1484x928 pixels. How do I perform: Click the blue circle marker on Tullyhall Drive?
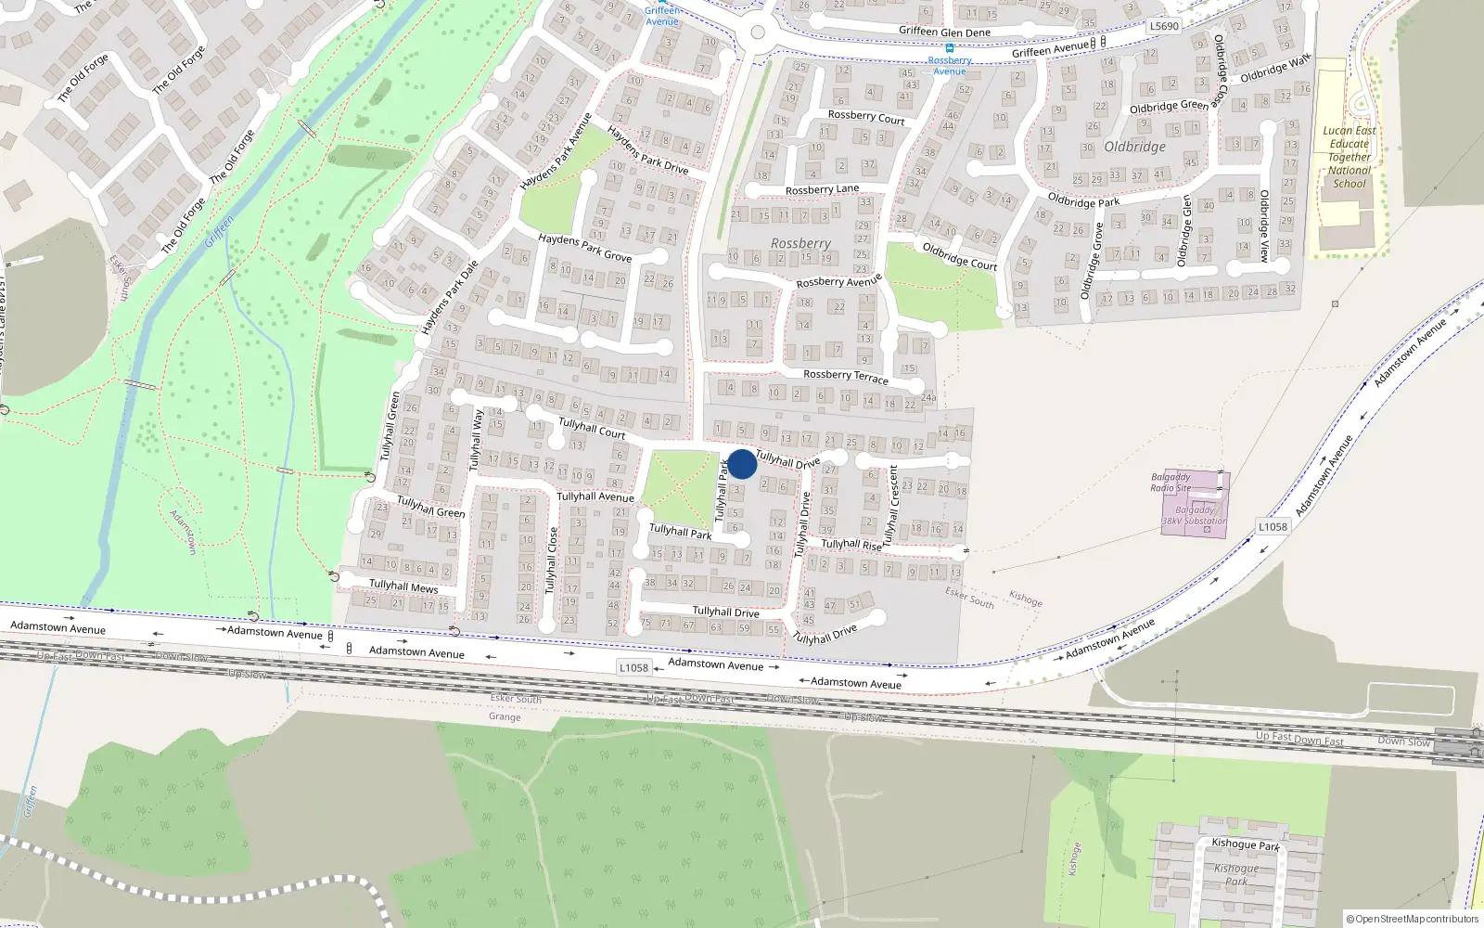[742, 464]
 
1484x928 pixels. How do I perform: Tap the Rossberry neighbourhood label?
[800, 243]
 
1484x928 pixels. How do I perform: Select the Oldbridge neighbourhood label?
[1134, 147]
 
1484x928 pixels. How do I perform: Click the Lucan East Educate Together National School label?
[1350, 157]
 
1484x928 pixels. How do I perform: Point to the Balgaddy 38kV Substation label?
[1195, 516]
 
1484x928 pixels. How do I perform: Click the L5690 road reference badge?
[1164, 26]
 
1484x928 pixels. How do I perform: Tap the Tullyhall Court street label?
[592, 428]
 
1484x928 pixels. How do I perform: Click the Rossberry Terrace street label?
[845, 376]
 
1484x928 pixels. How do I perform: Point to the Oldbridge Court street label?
[960, 256]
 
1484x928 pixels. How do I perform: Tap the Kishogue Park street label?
[1246, 844]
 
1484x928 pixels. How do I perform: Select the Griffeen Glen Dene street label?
[944, 32]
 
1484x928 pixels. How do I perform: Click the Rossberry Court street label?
[866, 117]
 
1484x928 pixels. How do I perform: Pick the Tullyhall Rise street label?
[851, 545]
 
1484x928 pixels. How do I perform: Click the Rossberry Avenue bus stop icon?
[949, 48]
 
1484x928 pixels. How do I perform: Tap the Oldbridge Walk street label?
[1275, 68]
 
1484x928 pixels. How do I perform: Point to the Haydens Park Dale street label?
[450, 297]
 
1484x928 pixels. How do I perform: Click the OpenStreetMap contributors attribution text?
[1413, 919]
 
